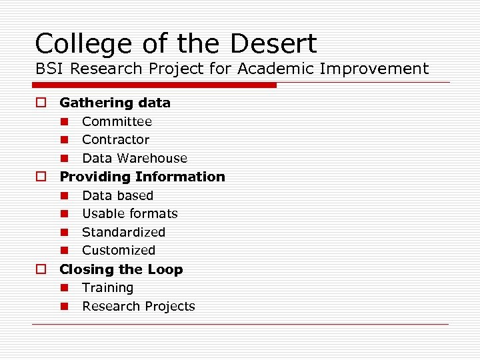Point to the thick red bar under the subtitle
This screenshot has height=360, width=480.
[155, 85]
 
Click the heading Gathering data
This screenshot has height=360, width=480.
[115, 103]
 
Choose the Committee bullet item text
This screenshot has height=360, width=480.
[117, 121]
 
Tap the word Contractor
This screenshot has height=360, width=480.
[115, 140]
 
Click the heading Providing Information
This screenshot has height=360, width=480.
[142, 177]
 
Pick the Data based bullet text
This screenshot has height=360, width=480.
[117, 195]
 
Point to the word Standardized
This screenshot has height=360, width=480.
[123, 232]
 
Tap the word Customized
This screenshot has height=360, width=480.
[119, 251]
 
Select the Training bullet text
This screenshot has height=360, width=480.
[107, 288]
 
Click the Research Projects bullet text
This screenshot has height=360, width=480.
[139, 307]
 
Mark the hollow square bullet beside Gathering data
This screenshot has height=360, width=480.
[41, 103]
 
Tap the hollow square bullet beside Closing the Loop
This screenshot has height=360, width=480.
[41, 269]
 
